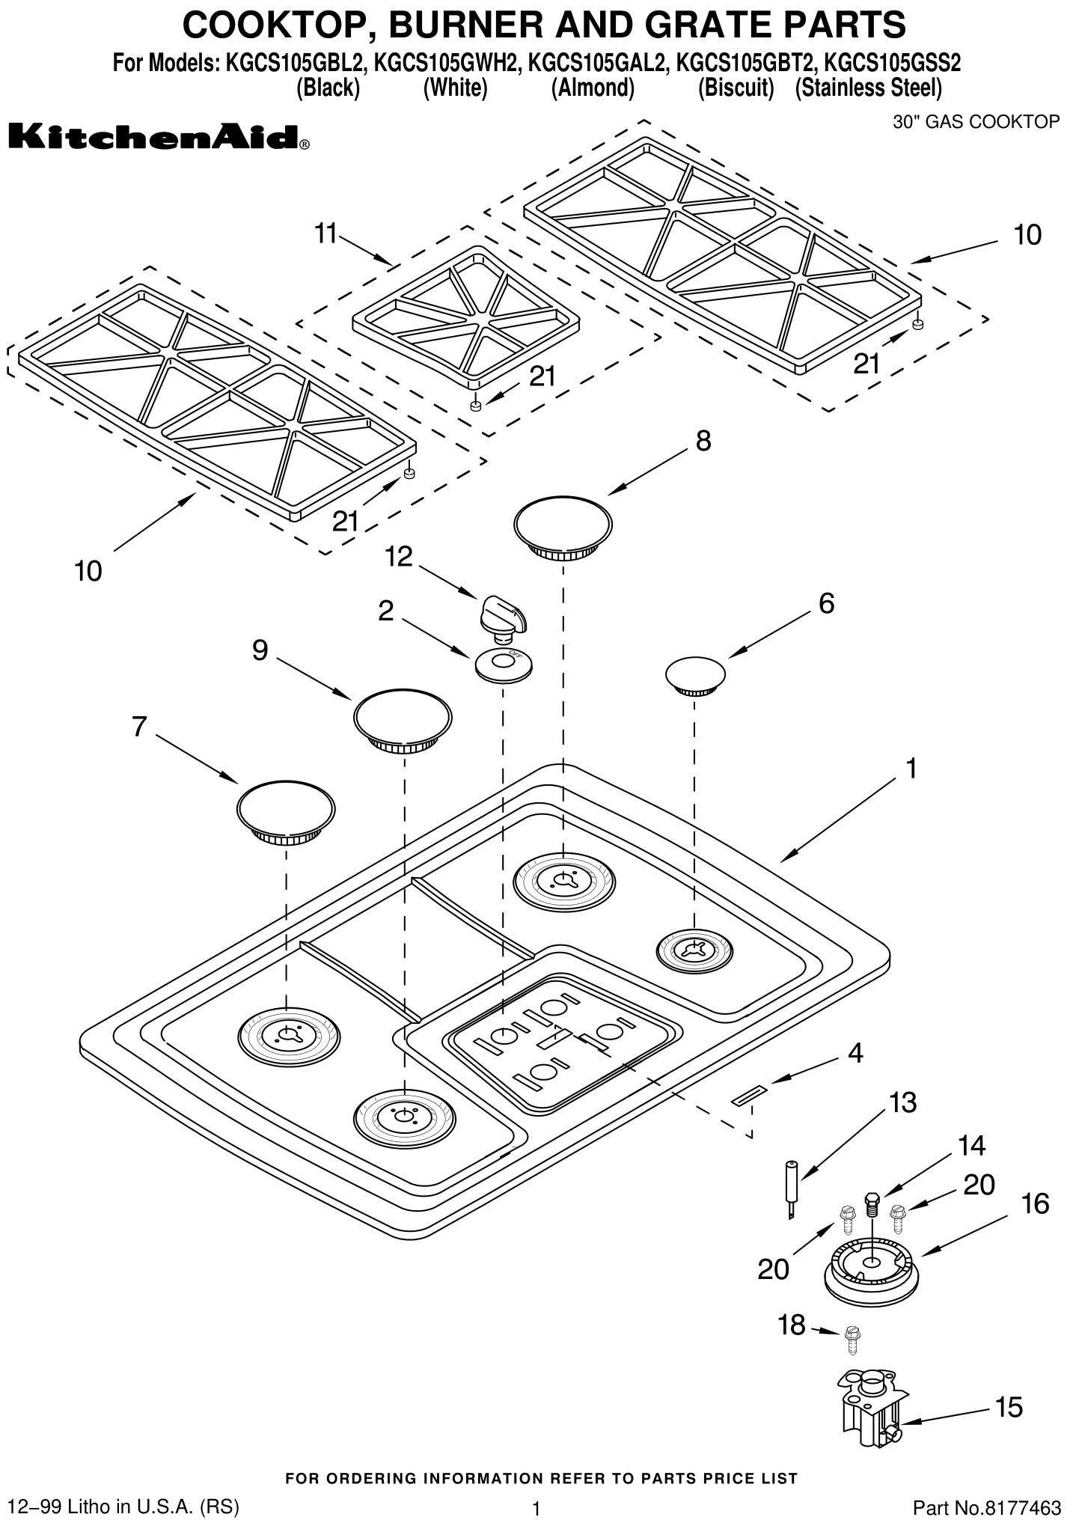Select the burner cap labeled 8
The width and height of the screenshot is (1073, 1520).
pos(563,528)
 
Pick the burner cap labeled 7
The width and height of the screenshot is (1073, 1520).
pos(286,812)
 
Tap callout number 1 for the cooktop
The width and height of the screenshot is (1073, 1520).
pos(911,768)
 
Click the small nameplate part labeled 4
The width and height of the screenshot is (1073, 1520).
pos(748,1096)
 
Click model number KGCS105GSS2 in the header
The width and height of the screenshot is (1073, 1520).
pos(892,64)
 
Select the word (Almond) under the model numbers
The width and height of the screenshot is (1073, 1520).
pos(592,88)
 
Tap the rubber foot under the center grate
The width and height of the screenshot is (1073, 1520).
pos(475,405)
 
